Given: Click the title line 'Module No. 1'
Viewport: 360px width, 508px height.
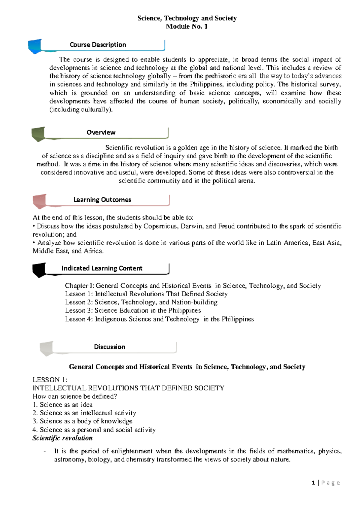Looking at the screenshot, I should (187, 26).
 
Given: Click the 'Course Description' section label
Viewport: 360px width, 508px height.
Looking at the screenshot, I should (98, 45).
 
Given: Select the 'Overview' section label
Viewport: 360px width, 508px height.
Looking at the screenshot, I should (101, 132).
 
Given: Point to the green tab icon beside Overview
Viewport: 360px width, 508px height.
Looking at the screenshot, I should (38, 134).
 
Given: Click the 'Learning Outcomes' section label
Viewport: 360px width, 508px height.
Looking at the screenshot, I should (102, 200).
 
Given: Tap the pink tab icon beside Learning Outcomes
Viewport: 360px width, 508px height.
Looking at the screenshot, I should (39, 201).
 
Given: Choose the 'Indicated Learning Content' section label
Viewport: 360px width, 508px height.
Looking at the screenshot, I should (102, 268).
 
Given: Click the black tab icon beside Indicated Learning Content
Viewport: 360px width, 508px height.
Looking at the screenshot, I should (39, 270).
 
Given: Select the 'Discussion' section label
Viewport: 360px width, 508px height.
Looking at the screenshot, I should (109, 347).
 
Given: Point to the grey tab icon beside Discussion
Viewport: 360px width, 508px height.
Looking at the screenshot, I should (46, 348).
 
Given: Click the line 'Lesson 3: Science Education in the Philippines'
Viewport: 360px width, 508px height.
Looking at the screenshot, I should (133, 310).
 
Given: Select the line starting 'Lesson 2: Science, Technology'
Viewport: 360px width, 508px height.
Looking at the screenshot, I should (141, 302).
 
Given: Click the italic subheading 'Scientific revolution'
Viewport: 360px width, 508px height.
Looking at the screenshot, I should (62, 438).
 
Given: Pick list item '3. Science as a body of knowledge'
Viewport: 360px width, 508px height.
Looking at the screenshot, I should (82, 421).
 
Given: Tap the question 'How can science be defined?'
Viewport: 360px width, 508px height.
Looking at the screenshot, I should (75, 396).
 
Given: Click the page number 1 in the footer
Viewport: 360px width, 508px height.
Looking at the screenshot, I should (313, 483).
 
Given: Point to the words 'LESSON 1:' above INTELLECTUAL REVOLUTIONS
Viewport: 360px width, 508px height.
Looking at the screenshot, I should (50, 380).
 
